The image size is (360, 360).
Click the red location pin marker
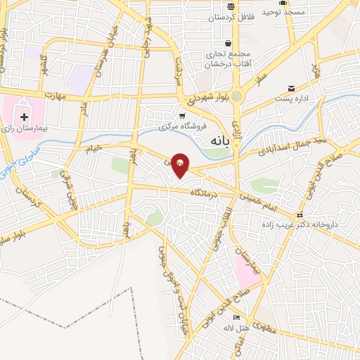click(x=180, y=165)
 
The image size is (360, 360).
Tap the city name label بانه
click(x=219, y=141)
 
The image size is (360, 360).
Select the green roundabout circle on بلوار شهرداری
click(x=238, y=96)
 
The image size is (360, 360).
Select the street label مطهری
click(x=264, y=327)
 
